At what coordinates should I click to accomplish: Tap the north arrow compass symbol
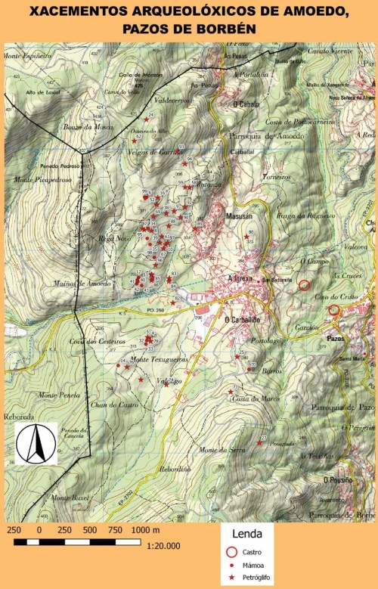36,445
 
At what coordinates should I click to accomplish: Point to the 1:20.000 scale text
163,546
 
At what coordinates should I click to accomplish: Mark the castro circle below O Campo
304,285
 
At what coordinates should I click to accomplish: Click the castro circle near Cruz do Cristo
333,309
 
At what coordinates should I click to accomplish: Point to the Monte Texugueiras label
159,359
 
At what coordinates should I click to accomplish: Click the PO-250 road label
156,309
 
